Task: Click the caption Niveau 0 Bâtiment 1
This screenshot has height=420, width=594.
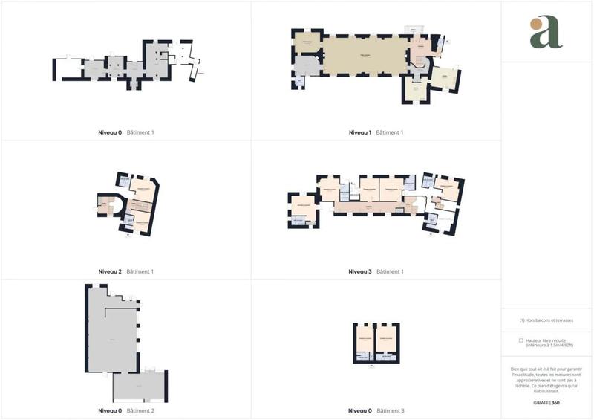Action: (x=125, y=132)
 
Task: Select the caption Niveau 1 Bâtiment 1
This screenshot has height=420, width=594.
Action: (x=376, y=132)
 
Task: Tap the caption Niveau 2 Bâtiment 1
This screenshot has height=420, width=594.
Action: (x=125, y=271)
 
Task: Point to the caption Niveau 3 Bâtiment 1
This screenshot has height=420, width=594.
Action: (x=376, y=271)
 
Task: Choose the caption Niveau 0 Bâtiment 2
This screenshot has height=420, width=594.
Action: (x=125, y=410)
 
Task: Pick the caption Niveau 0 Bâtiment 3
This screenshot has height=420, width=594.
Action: (x=376, y=410)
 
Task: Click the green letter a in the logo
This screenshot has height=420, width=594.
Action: (x=548, y=34)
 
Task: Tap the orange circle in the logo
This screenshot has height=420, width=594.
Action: (x=536, y=24)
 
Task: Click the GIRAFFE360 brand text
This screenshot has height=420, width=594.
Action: (x=546, y=403)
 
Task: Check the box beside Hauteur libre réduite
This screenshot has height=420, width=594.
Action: (x=520, y=340)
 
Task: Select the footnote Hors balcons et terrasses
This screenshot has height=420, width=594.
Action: (x=546, y=320)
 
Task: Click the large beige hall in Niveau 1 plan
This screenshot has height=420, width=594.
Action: (x=365, y=55)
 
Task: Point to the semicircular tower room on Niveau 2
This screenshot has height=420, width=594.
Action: (x=108, y=205)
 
